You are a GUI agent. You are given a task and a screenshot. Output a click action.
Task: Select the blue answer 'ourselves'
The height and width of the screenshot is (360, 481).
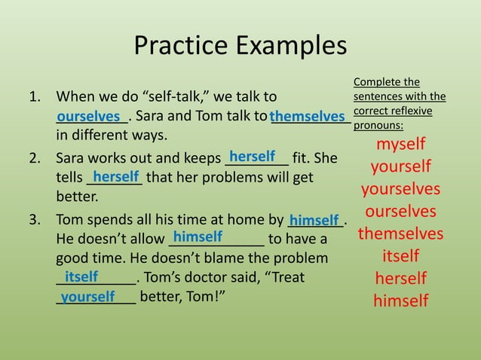(93, 117)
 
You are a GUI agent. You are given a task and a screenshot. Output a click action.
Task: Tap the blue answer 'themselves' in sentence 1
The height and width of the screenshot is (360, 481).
(308, 117)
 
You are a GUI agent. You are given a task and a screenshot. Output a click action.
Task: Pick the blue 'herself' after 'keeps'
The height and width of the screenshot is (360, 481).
(253, 157)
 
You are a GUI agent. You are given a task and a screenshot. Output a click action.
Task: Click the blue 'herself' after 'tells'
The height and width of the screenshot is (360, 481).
(116, 176)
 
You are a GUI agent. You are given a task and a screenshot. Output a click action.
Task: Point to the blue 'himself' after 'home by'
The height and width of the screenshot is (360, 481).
(314, 220)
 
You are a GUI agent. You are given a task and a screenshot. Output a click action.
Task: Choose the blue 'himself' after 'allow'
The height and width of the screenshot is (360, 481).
(198, 236)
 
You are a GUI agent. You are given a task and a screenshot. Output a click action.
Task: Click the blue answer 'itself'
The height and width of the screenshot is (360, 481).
(81, 276)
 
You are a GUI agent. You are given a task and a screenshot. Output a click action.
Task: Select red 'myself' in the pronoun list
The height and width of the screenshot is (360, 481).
(400, 144)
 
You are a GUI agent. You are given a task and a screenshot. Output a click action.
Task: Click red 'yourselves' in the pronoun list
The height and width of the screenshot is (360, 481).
(400, 188)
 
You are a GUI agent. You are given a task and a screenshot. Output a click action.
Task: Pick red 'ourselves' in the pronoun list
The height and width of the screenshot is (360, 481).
(400, 211)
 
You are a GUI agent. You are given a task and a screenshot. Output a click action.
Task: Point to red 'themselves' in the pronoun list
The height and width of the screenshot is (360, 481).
(400, 233)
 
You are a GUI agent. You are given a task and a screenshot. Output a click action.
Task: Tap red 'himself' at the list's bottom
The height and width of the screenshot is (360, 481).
(400, 301)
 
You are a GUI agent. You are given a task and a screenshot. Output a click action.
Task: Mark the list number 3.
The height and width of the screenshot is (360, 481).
(34, 221)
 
